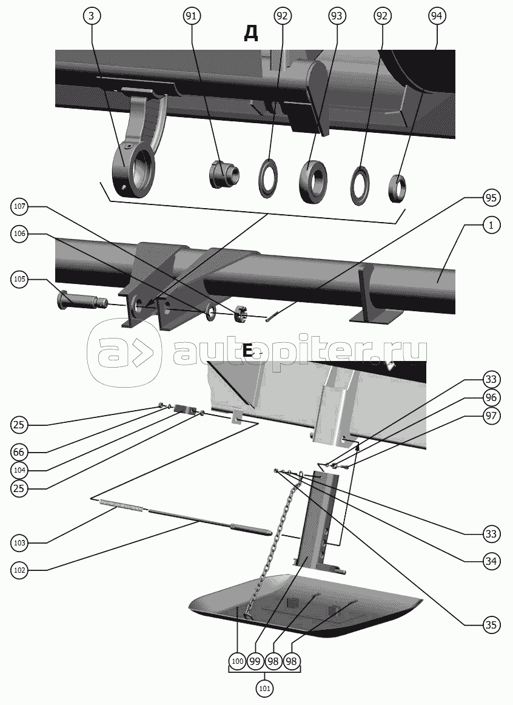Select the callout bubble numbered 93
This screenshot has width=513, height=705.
[336, 16]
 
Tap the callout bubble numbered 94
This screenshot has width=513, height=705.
[436, 16]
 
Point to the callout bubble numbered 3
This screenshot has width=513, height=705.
[92, 16]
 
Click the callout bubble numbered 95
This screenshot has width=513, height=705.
[491, 198]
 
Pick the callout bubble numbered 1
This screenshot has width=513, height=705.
[491, 226]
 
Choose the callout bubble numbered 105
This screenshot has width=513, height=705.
[20, 279]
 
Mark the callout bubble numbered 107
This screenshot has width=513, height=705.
[20, 207]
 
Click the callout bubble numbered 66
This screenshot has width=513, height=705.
[19, 452]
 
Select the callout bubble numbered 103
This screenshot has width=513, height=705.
[19, 542]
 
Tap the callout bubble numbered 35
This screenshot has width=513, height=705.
[491, 625]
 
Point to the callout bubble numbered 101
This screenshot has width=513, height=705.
[266, 688]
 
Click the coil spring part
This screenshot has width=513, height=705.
[122, 506]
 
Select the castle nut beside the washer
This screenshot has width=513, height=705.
[241, 313]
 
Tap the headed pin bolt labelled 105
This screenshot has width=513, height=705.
[82, 300]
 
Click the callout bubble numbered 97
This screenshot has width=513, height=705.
[491, 416]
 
